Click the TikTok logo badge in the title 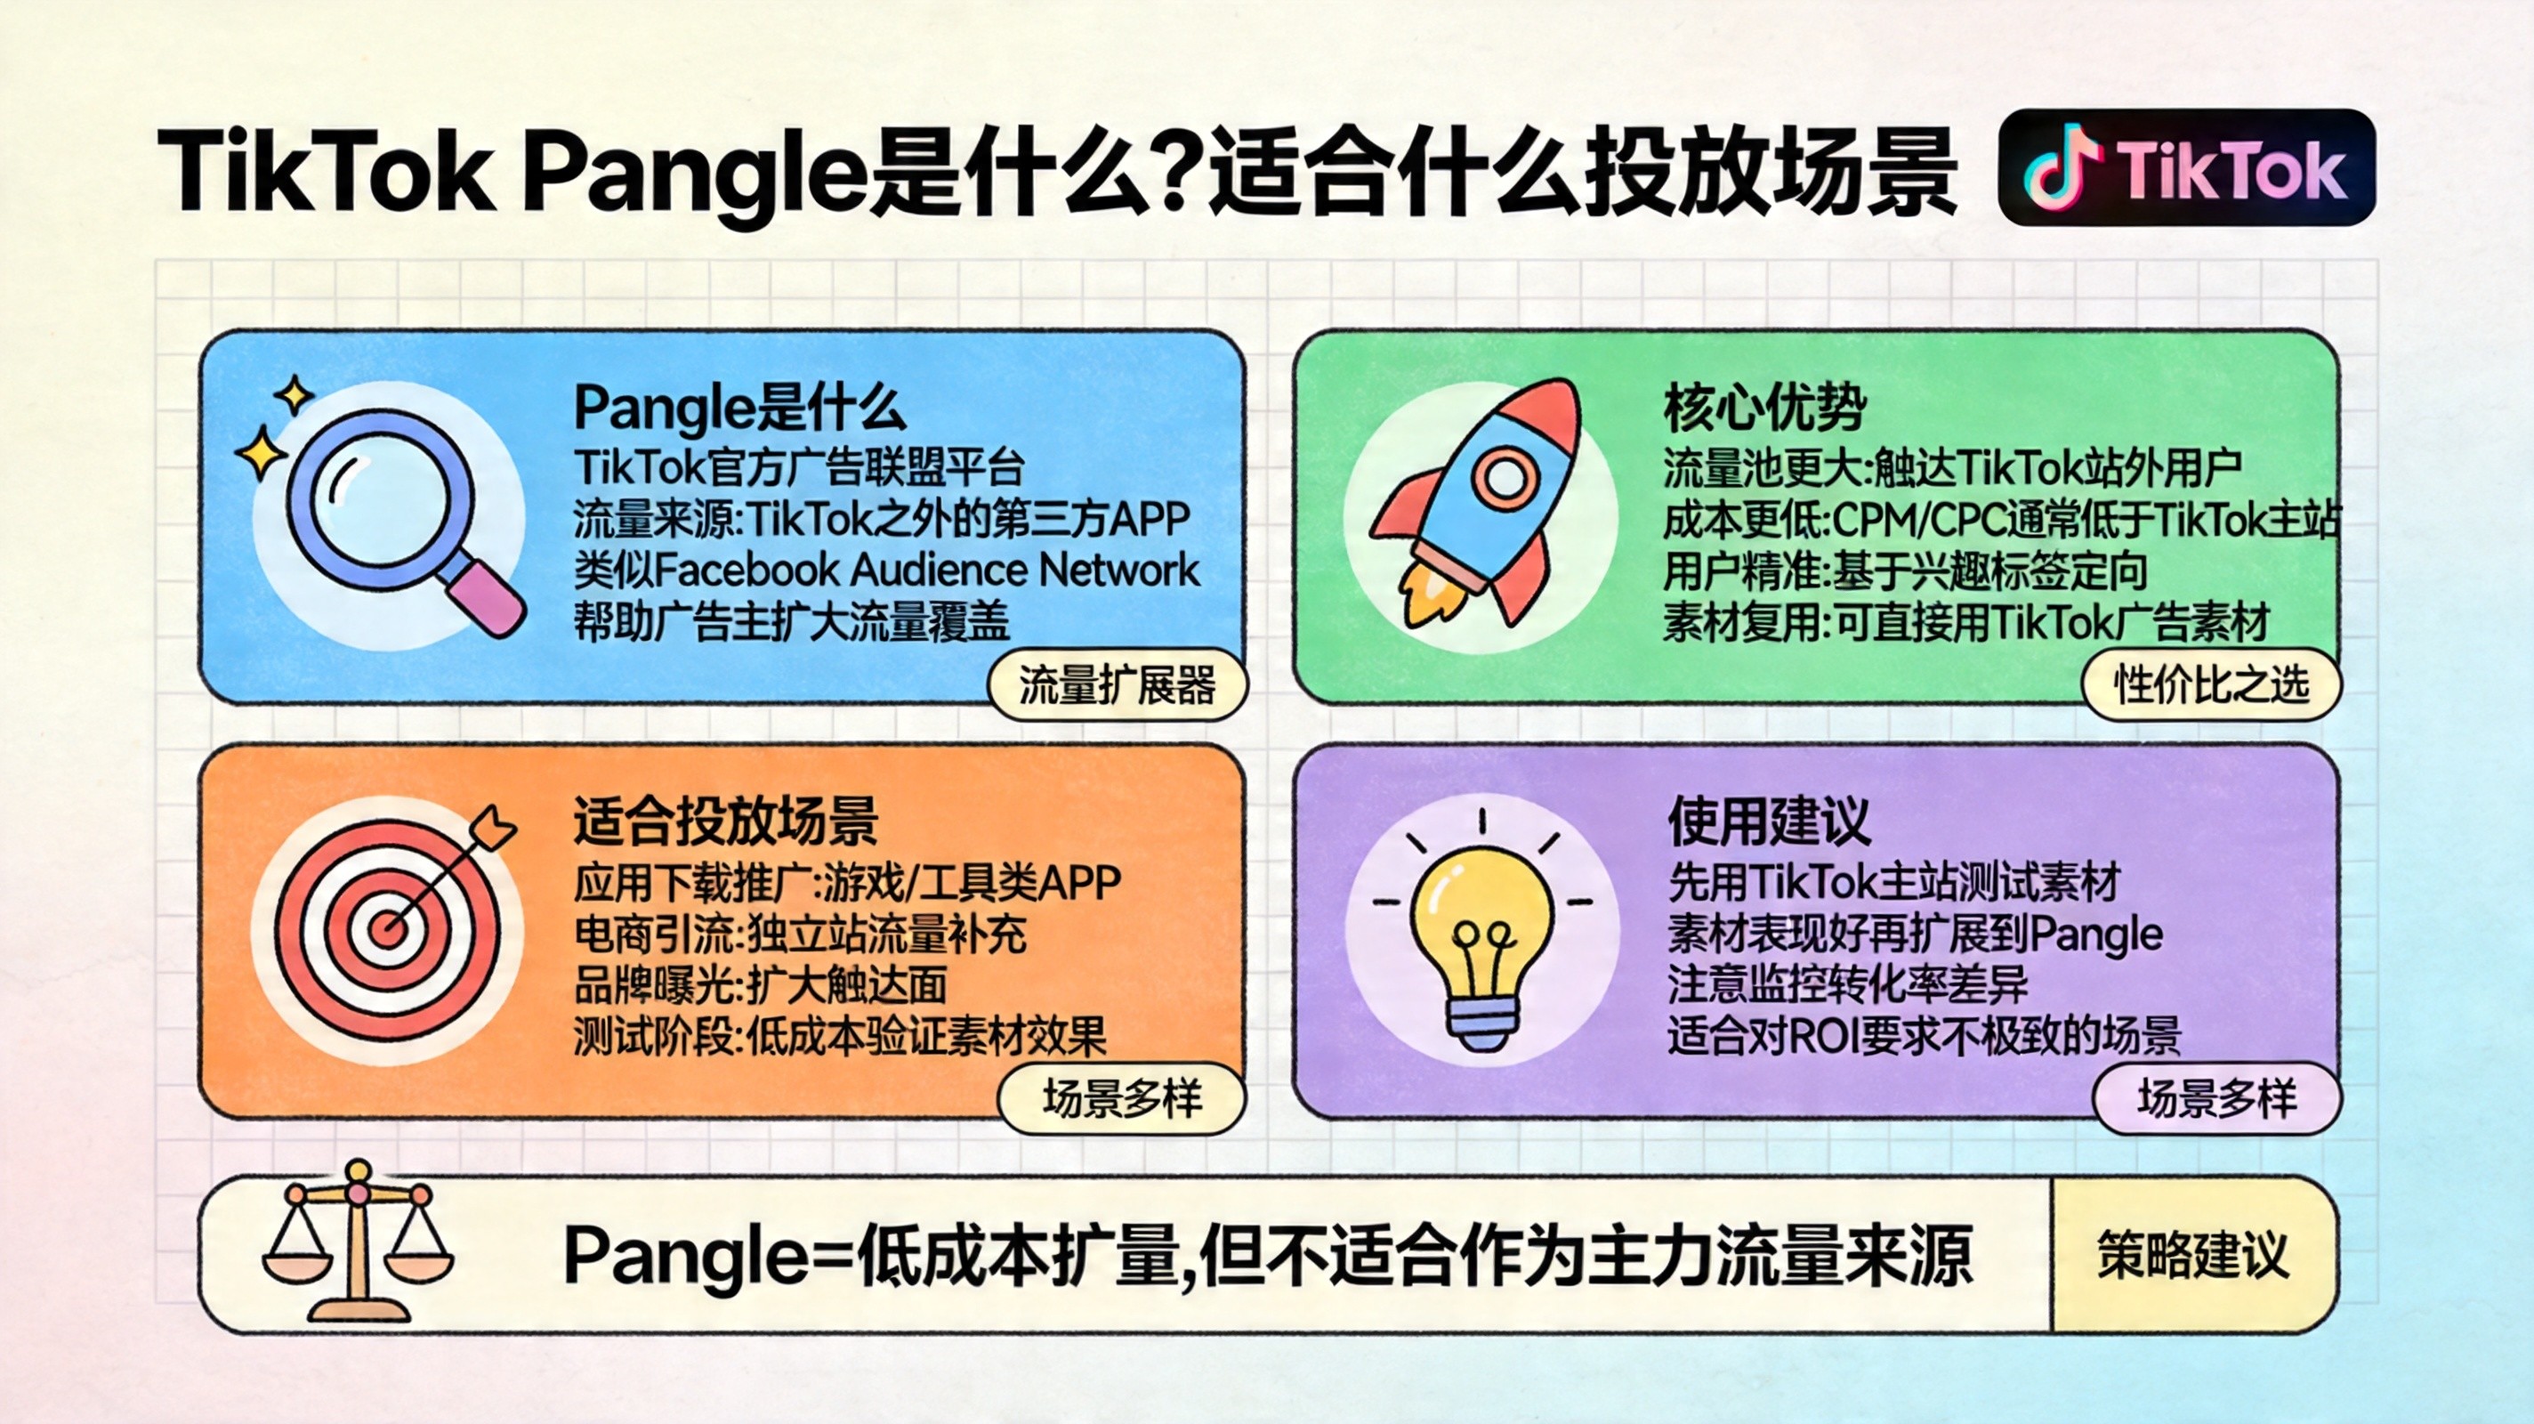2186,167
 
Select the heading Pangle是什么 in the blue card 738,407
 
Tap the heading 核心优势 1763,407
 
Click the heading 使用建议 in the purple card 1769,821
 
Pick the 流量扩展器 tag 1118,685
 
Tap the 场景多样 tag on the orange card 1122,1098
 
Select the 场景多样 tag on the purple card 2217,1098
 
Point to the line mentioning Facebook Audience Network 886,570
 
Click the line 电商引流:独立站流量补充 800,934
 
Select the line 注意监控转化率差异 1847,985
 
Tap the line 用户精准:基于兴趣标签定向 1904,570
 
